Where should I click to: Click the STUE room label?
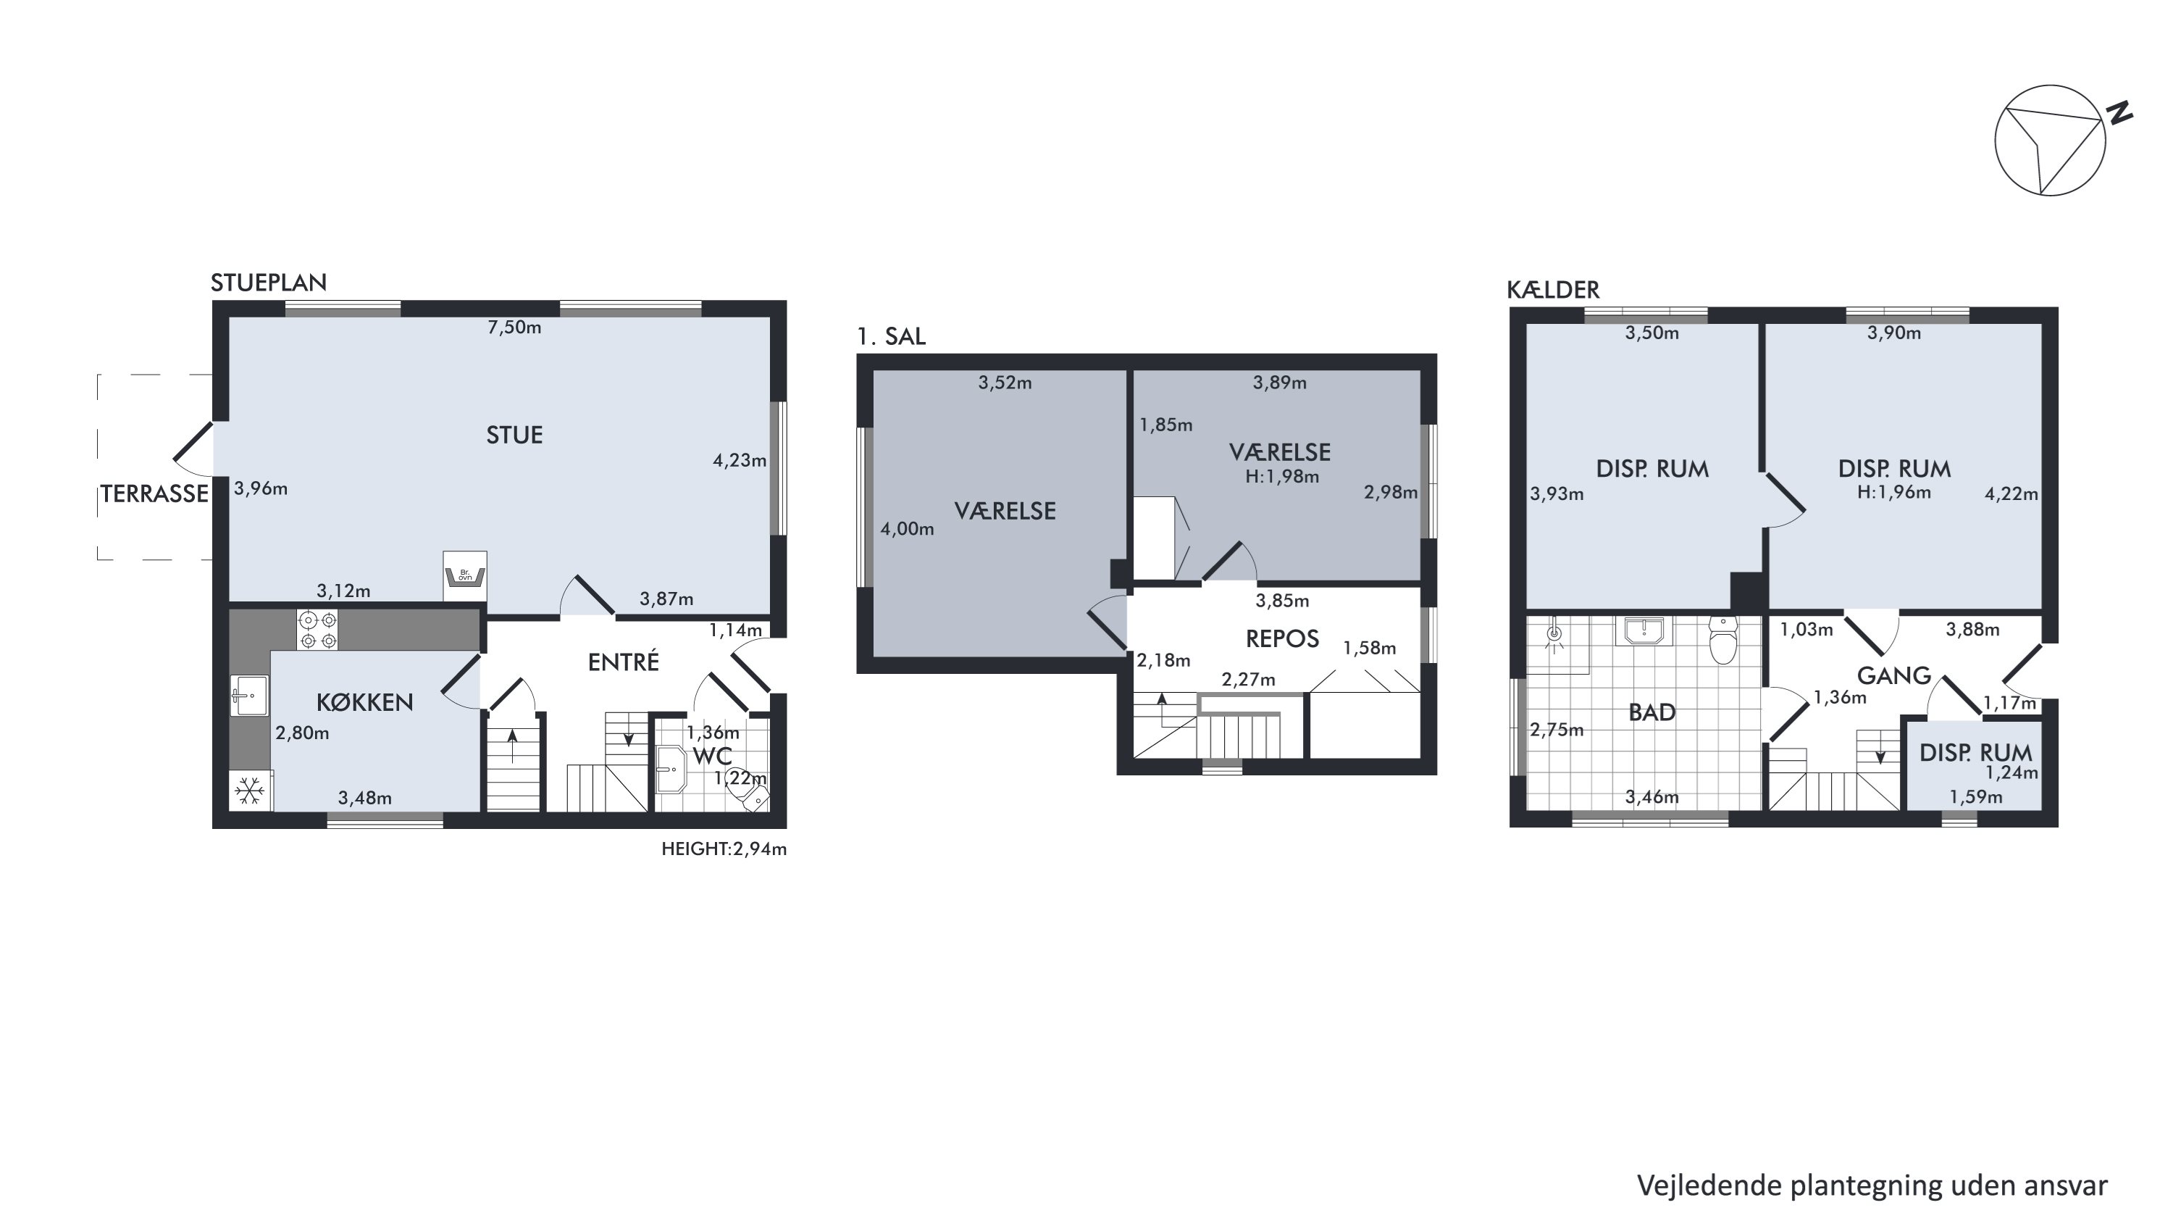(514, 435)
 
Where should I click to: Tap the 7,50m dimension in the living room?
(514, 328)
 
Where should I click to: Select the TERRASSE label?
(154, 493)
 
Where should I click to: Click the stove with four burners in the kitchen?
(317, 630)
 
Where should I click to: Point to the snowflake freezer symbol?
(250, 791)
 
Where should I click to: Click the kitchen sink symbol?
(250, 696)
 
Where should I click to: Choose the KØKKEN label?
(364, 702)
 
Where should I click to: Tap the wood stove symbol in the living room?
(465, 575)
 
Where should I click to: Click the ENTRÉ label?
(624, 662)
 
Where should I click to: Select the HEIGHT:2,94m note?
(724, 849)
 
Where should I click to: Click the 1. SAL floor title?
(891, 337)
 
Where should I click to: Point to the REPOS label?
(1282, 639)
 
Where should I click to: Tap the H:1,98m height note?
(1282, 477)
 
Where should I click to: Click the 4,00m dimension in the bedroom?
(907, 529)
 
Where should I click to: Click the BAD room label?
(1651, 713)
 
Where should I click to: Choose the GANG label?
(1894, 675)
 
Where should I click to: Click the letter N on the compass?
(2121, 113)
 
